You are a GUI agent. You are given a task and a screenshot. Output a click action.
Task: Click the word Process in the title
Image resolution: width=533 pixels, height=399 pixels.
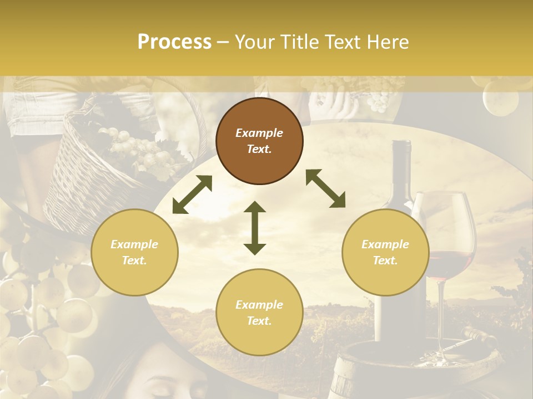[174, 42]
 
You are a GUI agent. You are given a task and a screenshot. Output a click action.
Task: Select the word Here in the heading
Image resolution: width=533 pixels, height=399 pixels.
[386, 42]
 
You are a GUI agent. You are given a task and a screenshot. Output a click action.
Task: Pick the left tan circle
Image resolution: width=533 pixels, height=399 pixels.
[134, 253]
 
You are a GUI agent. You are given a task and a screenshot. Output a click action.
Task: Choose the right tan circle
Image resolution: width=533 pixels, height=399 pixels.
[385, 253]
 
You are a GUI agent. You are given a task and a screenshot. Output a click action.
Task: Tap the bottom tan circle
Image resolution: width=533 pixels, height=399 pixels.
[259, 313]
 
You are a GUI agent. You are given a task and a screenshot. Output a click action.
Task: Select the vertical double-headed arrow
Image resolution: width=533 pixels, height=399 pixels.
[255, 228]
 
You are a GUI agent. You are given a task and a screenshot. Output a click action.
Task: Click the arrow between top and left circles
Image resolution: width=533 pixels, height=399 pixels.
[192, 194]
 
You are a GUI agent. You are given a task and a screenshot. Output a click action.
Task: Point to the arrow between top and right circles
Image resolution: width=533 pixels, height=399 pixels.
[325, 188]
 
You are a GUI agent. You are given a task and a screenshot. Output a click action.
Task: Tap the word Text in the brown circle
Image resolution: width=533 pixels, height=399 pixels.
[259, 149]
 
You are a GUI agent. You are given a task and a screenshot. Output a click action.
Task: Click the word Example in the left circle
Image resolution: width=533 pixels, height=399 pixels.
[134, 244]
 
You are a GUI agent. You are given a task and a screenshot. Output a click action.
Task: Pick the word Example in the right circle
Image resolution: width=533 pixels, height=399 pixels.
[385, 244]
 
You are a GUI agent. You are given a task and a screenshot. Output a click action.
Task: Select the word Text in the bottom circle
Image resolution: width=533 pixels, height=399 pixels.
[259, 321]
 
